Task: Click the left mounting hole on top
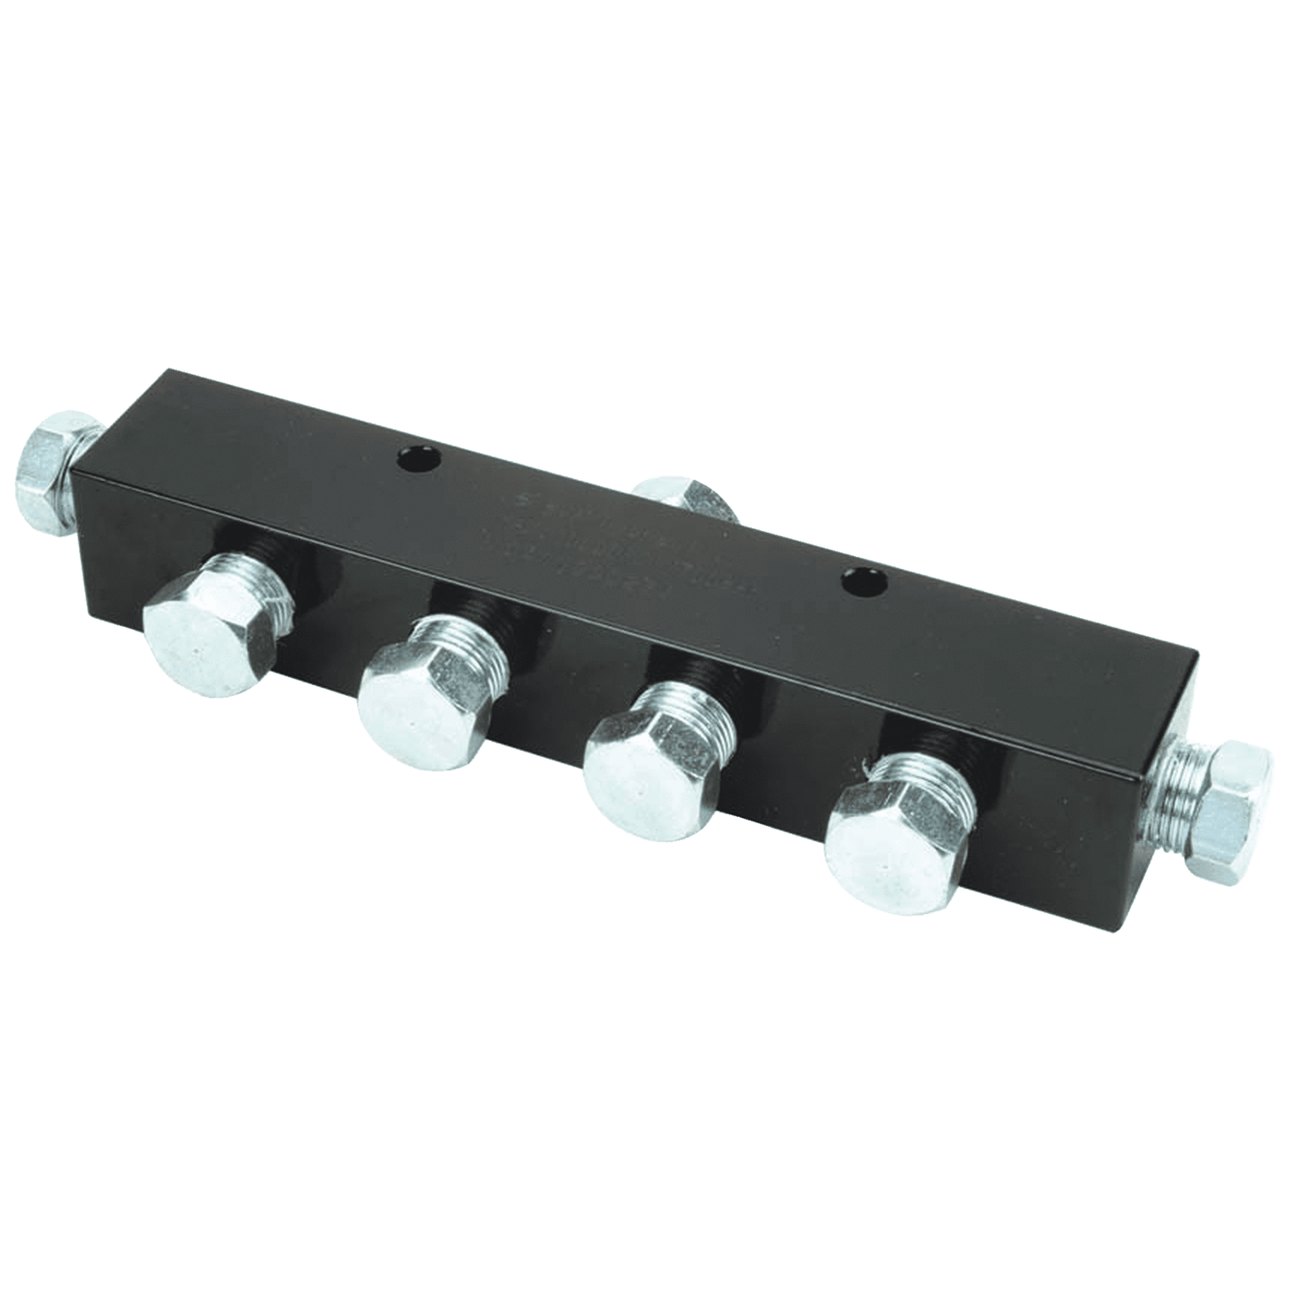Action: click(418, 463)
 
